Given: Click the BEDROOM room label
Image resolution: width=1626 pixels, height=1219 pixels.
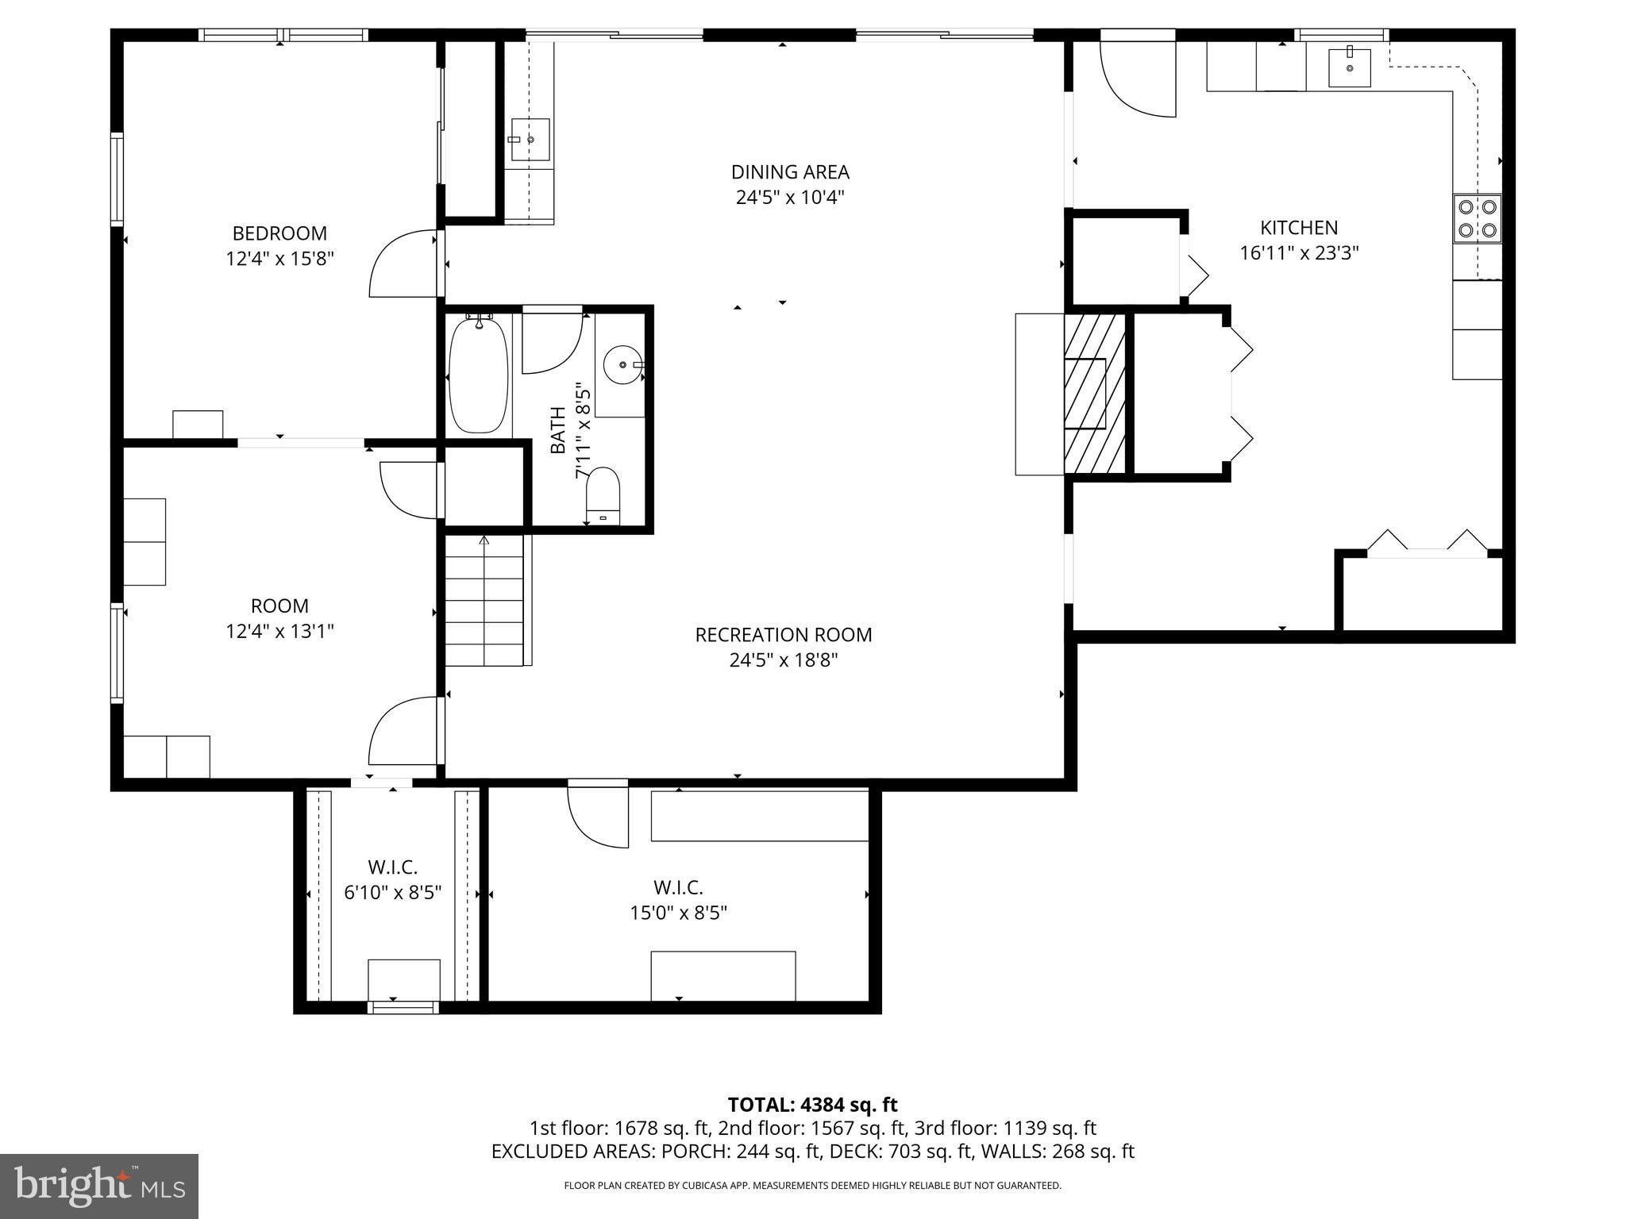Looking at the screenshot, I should (x=279, y=233).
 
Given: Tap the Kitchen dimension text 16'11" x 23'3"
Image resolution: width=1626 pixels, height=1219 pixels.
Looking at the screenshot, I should (x=1299, y=253).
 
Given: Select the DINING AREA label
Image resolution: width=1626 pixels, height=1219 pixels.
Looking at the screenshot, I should (x=789, y=172).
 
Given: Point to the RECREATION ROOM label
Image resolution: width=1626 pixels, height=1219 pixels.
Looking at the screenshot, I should (x=783, y=635).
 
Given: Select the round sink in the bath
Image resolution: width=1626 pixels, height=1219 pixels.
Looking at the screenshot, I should (x=622, y=365).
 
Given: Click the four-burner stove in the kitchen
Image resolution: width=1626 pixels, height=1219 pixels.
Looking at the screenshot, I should (x=1478, y=219).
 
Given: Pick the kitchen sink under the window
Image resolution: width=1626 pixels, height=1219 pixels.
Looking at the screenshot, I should (x=1349, y=67).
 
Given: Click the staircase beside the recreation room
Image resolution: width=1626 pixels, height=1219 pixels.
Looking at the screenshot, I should (x=484, y=601).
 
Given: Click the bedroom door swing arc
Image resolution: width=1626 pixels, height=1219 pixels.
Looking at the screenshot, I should (x=402, y=263).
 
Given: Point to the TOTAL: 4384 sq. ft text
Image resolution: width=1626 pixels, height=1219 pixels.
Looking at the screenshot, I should (x=812, y=1105).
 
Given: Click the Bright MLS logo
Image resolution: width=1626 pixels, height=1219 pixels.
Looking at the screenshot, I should (x=98, y=1186).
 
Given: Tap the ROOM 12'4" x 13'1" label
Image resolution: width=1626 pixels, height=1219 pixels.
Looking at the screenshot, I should (x=279, y=618).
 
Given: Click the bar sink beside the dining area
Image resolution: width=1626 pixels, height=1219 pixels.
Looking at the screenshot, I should (x=530, y=140).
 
